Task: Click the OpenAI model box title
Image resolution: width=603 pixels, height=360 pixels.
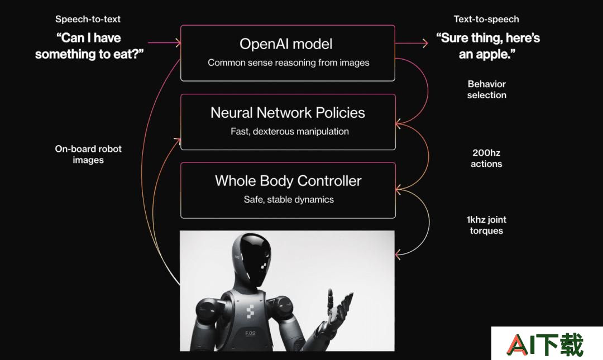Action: coord(286,44)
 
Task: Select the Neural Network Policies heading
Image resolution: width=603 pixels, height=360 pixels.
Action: coord(288,113)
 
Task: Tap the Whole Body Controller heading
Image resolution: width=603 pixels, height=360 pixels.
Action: coord(288,181)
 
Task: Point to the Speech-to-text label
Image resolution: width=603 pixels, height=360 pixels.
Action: coord(88,19)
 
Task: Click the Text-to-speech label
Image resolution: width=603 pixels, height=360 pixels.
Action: coord(486,19)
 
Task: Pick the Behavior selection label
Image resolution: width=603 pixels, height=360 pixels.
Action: coord(486,89)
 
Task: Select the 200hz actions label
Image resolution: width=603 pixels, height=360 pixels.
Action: coord(486,158)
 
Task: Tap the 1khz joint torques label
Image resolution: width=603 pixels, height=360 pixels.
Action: coord(486,225)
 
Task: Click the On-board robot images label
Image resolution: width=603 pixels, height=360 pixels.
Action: coord(88,154)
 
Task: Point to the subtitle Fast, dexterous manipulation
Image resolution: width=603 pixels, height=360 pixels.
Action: coord(290,132)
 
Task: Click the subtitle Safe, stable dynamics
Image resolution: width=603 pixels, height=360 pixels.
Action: coord(289,200)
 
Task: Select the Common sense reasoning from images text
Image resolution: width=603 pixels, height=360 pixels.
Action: coord(289,63)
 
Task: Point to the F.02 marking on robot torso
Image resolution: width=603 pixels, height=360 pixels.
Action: coord(250,333)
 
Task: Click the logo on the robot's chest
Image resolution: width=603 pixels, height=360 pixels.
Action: coord(250,312)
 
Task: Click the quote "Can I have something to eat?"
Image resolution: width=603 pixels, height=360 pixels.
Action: coord(89,46)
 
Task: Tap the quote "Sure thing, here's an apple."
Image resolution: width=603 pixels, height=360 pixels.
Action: coord(487,46)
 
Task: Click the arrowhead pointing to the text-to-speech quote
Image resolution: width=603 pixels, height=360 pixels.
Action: coord(425,43)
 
